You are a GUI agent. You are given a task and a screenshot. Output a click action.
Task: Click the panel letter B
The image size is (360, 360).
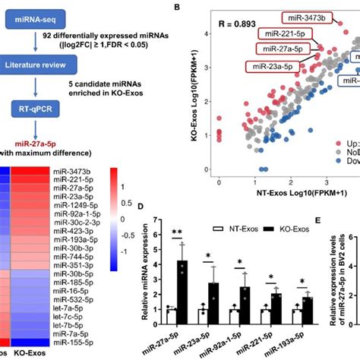click(x=177, y=7)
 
